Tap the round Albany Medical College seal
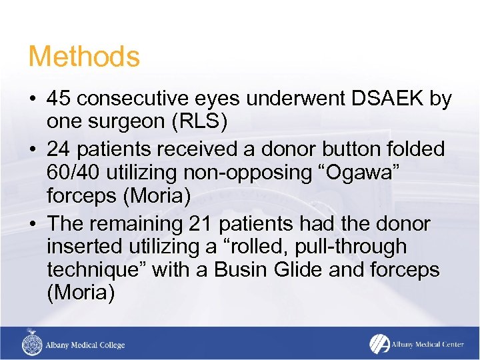click(31, 345)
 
